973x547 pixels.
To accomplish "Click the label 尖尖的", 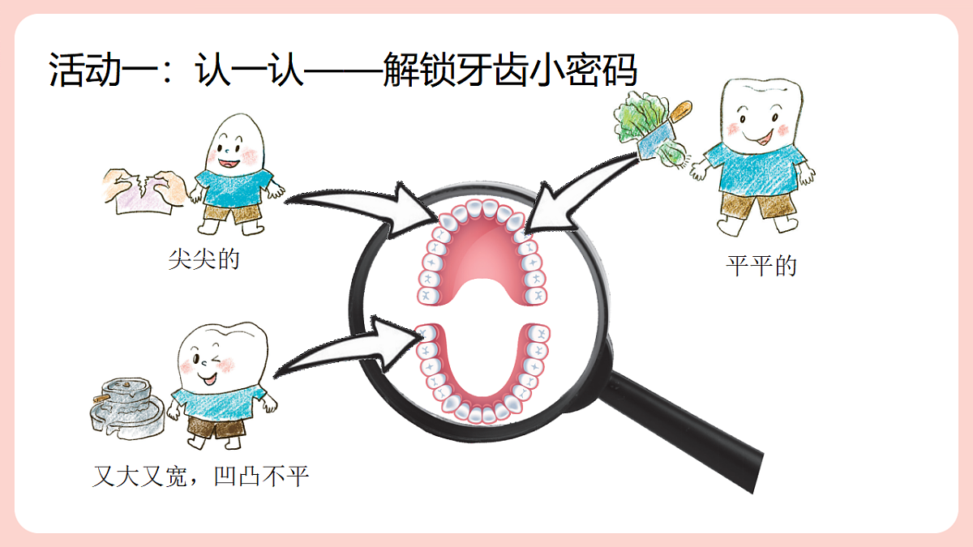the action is coord(204,259).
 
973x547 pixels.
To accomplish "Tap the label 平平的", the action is coord(761,266).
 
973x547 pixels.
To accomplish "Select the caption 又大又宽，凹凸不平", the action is coord(201,476).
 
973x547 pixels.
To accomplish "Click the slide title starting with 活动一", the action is coord(343,70).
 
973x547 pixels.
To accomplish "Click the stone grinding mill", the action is coord(126,408).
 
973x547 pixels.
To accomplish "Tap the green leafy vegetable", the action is coord(643,126).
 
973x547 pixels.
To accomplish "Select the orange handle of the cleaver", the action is coord(680,112).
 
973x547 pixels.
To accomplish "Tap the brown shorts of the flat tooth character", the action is coord(758,205).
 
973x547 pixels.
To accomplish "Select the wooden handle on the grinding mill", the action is coord(102,399).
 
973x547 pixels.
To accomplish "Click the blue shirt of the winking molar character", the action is coord(217,404).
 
